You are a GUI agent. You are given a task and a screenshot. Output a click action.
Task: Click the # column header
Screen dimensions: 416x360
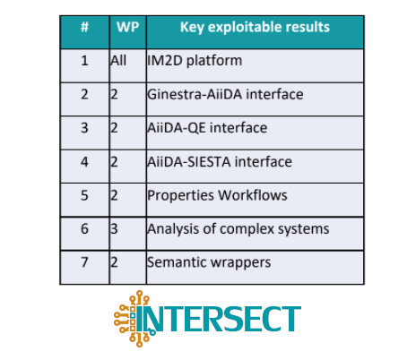[84, 27]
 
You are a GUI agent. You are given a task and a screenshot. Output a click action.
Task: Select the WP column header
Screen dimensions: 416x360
[128, 27]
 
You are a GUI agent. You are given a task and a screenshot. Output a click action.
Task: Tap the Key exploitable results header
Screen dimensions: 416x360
[255, 27]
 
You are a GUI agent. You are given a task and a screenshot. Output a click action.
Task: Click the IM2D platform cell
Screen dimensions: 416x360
[195, 61]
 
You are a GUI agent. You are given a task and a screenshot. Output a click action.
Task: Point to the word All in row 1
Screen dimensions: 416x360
[118, 61]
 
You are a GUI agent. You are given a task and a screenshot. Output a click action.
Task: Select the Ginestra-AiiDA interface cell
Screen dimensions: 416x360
[225, 94]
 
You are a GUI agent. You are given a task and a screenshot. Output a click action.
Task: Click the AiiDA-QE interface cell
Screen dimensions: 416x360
[207, 128]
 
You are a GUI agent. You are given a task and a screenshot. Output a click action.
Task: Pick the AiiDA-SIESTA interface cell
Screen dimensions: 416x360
[220, 162]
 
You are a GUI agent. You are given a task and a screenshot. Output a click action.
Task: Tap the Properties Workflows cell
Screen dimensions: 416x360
[217, 196]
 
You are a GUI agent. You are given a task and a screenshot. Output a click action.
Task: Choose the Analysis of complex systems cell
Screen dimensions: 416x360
[238, 229]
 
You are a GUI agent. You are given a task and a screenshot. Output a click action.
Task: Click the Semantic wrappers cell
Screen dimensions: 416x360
[209, 262]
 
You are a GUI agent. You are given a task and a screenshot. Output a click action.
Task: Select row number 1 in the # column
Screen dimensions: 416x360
[84, 61]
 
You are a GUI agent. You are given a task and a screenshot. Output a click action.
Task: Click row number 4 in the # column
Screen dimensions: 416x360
[84, 162]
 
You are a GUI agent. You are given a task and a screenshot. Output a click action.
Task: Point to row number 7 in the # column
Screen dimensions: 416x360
[84, 262]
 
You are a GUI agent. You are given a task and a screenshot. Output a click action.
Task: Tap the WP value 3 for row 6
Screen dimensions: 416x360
[114, 229]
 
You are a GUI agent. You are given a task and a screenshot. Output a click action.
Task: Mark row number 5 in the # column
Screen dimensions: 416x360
[84, 195]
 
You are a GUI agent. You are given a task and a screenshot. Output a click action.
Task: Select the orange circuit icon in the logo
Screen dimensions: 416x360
[132, 319]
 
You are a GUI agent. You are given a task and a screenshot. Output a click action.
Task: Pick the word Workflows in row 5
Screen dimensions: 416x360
[253, 195]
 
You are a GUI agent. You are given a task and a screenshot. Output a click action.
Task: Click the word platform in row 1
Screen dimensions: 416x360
[214, 61]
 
